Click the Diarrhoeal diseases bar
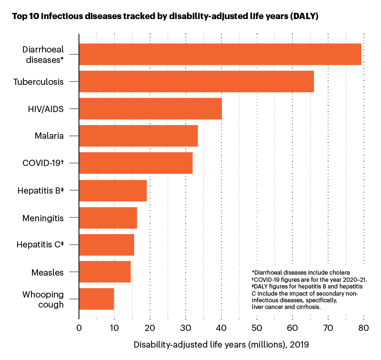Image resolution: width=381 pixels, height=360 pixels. [220, 54]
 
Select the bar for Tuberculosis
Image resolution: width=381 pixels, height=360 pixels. [196, 82]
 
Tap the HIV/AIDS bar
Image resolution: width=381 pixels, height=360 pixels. [150, 108]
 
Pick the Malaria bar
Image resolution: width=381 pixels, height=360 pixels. [138, 136]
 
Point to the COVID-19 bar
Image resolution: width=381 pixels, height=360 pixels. [136, 163]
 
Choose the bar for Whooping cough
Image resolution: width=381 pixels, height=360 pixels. [96, 299]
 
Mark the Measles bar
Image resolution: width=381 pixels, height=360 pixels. [105, 272]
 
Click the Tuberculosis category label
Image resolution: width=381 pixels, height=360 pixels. [39, 82]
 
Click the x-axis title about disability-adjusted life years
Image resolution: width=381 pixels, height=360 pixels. [221, 344]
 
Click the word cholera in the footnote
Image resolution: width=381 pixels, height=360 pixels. [340, 272]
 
